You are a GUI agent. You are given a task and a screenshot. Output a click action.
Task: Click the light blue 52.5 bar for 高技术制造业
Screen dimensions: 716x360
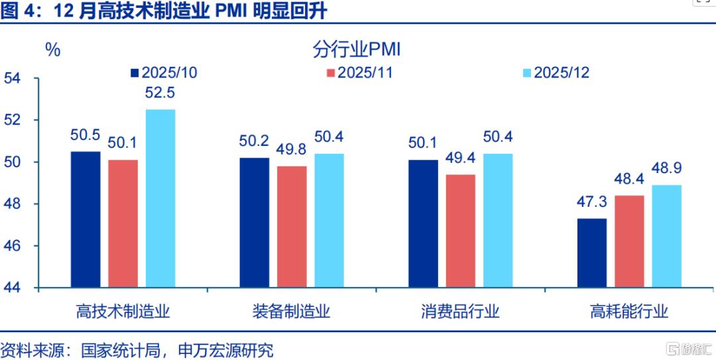tap(160, 199)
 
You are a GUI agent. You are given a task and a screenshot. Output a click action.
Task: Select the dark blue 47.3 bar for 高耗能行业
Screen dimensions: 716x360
tap(592, 253)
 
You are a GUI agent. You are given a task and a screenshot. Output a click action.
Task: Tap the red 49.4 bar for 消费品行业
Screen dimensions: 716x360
tap(460, 231)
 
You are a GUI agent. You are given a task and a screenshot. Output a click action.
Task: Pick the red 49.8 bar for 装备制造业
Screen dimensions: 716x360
tap(292, 227)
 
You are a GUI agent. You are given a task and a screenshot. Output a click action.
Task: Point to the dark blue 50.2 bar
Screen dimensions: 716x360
tap(255, 223)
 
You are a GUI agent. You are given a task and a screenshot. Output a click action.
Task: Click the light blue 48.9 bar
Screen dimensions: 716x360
tap(667, 237)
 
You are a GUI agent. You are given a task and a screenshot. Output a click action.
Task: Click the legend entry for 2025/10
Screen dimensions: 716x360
tap(164, 73)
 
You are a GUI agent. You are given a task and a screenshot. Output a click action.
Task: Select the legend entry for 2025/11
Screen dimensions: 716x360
tap(360, 73)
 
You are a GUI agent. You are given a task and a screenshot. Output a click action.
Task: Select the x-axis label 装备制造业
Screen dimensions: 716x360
tap(291, 312)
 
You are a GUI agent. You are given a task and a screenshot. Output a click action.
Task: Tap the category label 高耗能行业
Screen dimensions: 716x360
tap(628, 312)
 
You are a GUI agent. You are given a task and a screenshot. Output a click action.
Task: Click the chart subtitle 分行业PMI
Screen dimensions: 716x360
tap(357, 50)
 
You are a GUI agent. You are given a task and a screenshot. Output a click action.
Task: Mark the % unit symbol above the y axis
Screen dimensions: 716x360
tap(53, 50)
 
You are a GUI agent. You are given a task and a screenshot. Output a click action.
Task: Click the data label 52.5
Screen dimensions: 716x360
tap(160, 93)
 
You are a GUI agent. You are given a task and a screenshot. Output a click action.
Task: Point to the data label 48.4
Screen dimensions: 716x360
tap(629, 178)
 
